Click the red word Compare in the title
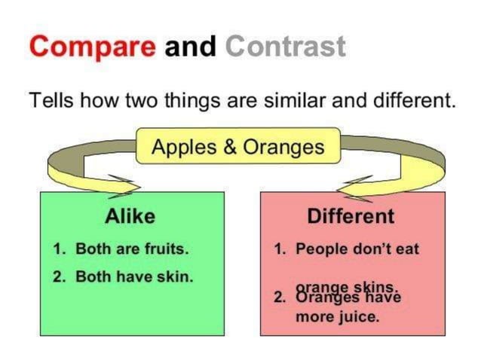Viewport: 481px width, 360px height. pos(93,46)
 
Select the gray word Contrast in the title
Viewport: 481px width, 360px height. pos(285,46)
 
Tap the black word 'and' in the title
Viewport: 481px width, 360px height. pos(191,46)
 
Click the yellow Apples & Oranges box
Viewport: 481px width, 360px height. pos(237,146)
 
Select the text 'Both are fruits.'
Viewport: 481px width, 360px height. pos(131,249)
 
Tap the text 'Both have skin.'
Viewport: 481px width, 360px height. pos(134,276)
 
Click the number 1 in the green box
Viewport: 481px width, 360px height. pos(59,249)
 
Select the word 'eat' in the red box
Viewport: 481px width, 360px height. pos(406,249)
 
